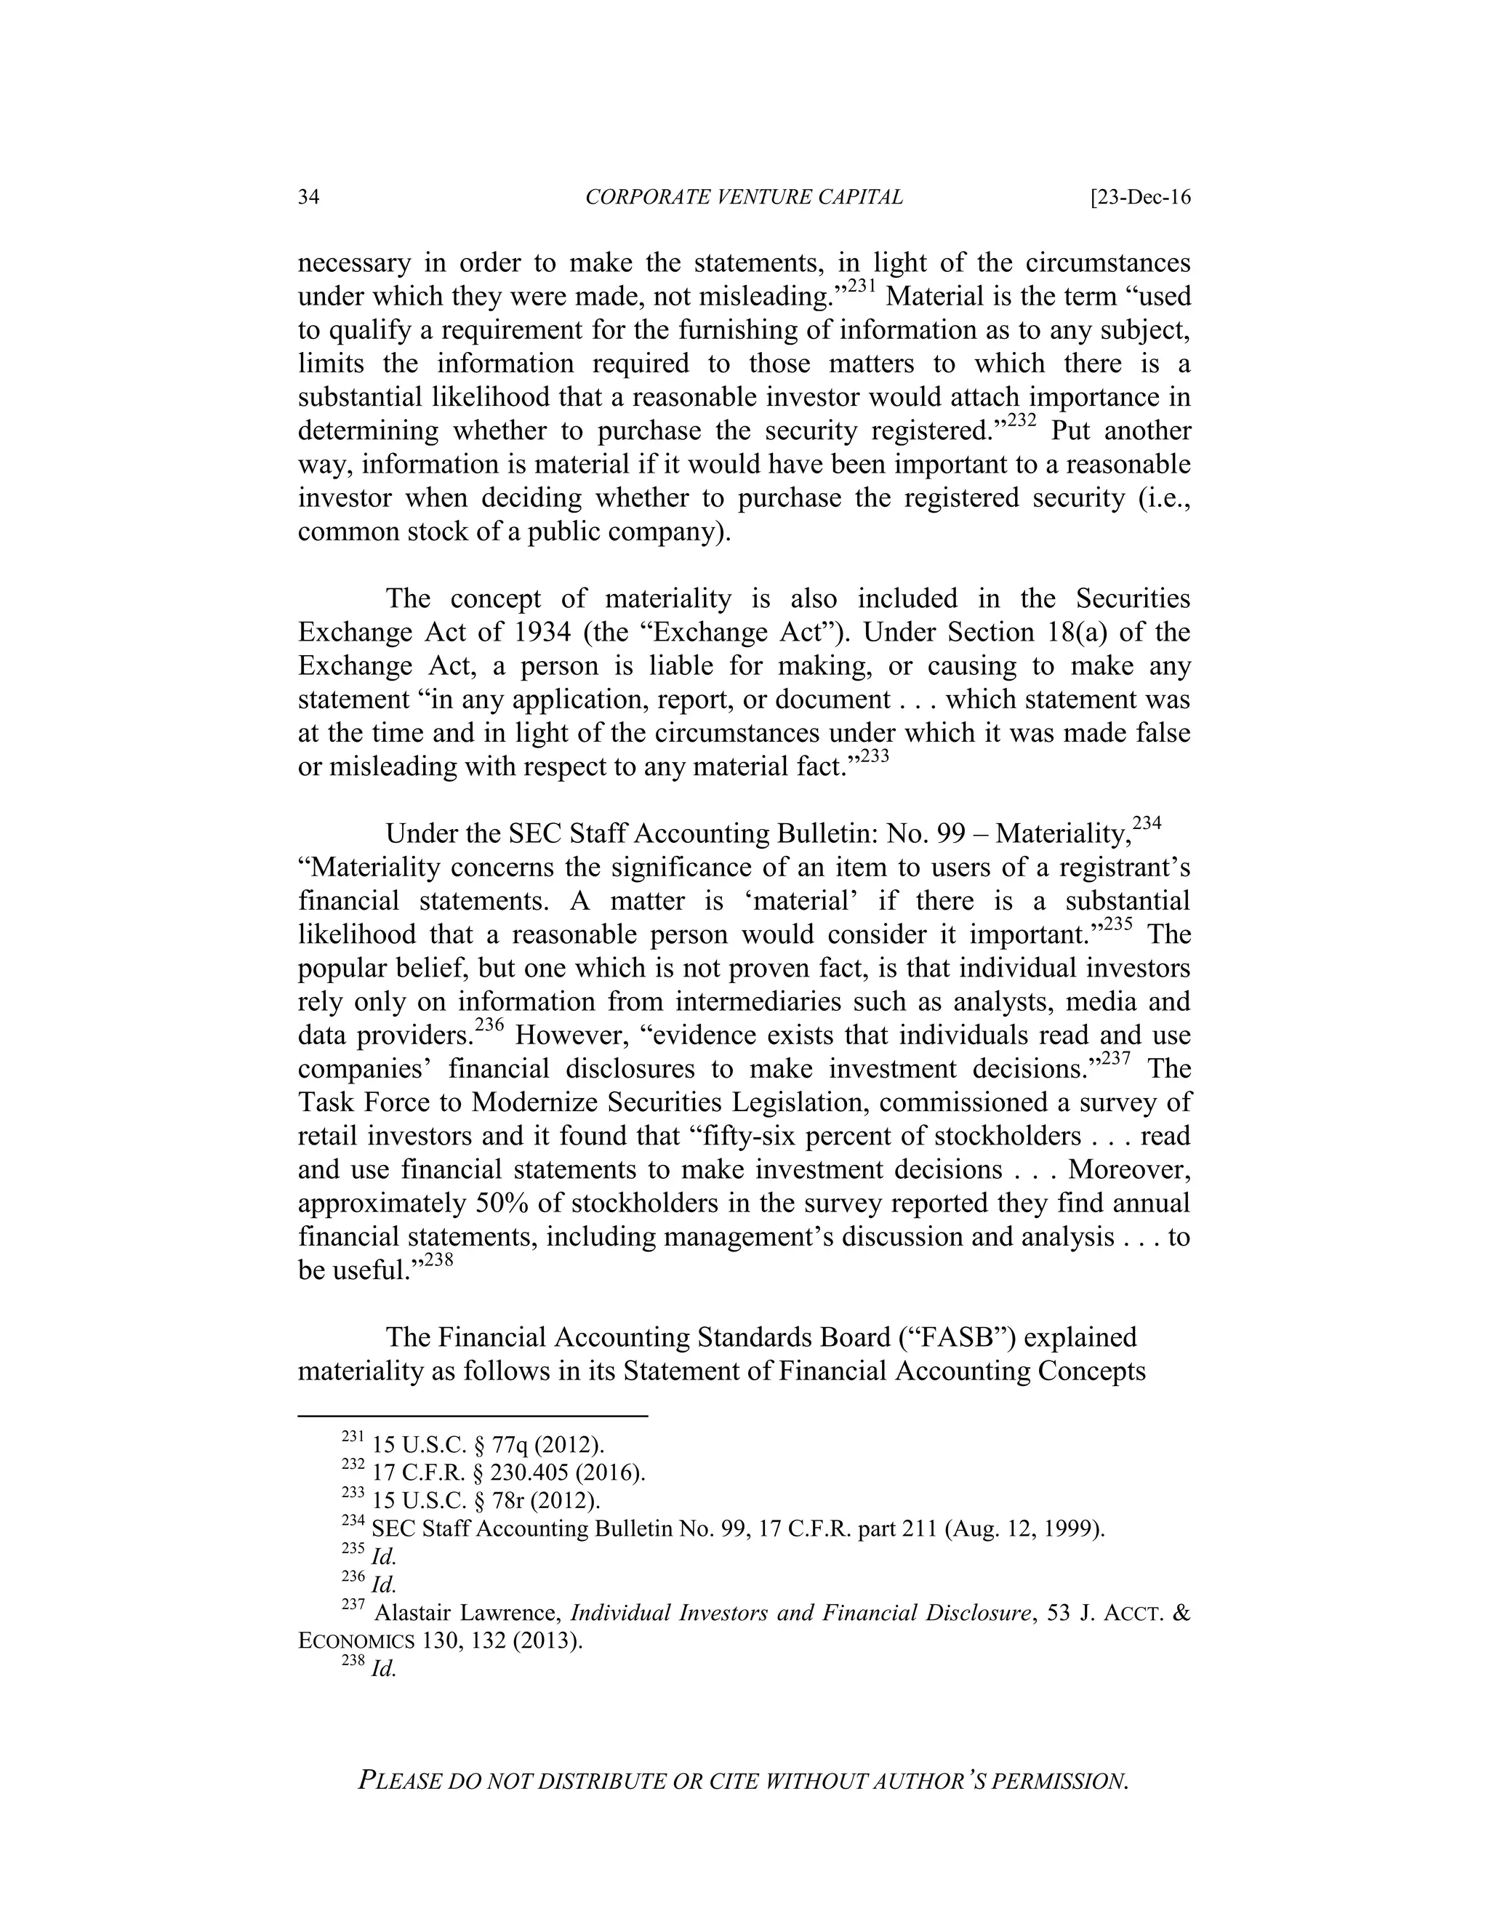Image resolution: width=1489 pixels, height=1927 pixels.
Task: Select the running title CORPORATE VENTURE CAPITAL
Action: tap(744, 197)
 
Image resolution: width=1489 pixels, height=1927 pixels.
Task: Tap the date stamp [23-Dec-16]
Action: tap(1141, 197)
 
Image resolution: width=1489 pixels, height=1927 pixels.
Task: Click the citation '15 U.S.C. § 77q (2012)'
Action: tap(488, 1446)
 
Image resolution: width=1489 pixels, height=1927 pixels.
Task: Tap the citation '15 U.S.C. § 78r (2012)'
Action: tap(486, 1501)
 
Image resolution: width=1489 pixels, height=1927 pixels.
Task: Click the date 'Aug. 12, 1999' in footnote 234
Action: tap(1024, 1529)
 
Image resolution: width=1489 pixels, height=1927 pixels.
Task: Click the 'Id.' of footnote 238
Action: tap(384, 1670)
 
